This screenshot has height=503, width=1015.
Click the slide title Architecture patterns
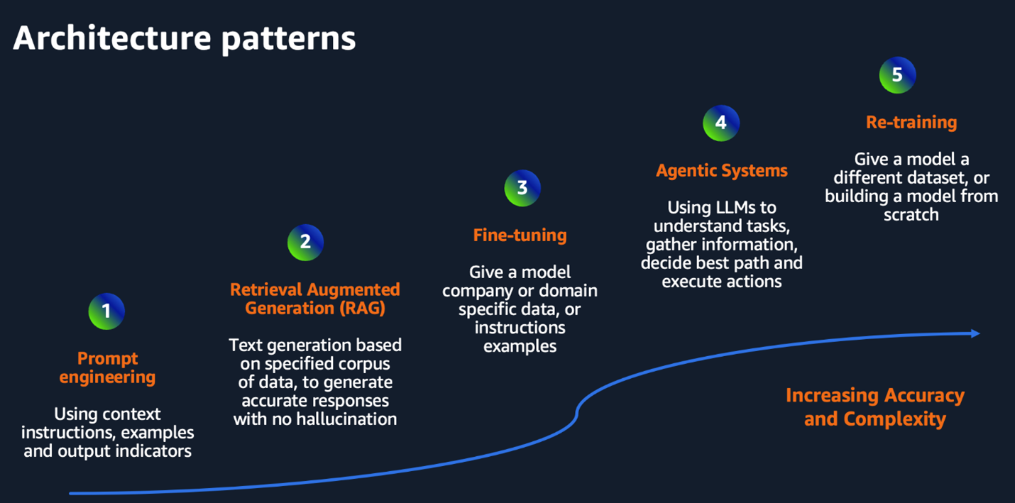[x=184, y=39]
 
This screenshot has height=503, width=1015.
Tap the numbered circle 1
[x=106, y=311]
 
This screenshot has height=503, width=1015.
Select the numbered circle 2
[x=305, y=242]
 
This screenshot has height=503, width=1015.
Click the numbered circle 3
[x=522, y=188]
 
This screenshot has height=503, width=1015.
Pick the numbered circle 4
[x=721, y=123]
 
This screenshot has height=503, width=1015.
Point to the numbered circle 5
[x=897, y=75]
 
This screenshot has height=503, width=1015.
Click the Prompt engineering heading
[x=107, y=367]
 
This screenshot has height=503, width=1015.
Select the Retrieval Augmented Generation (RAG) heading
[x=315, y=299]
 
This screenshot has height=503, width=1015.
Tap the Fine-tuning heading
[x=520, y=235]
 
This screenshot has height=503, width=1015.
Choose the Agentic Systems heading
[x=721, y=170]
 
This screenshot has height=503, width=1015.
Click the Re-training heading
[x=911, y=122]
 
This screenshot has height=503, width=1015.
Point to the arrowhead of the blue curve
[x=975, y=333]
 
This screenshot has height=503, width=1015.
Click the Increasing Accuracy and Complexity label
[x=874, y=407]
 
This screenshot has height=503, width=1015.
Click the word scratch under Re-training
[x=911, y=214]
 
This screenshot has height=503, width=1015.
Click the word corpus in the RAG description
[x=366, y=363]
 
